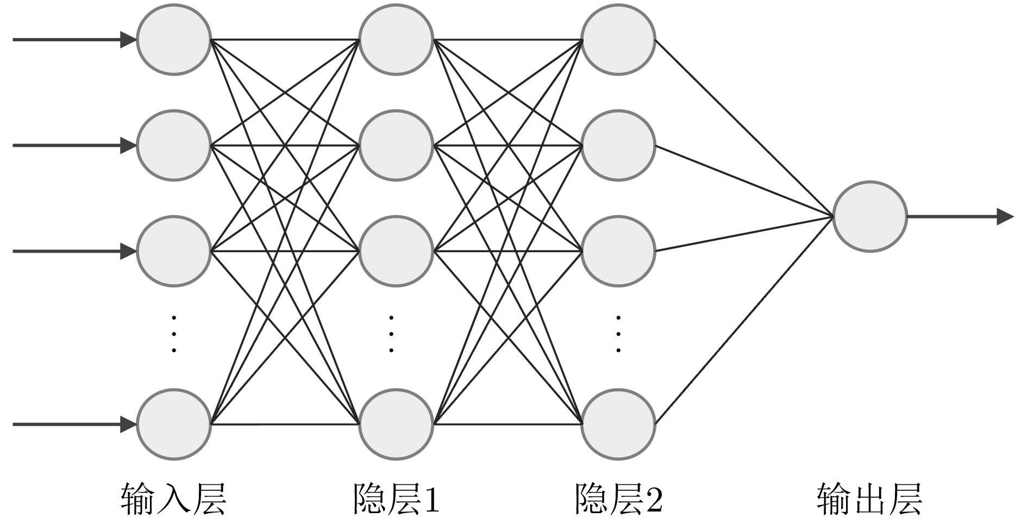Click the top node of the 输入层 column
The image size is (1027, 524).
(173, 40)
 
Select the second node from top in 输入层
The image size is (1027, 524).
(173, 145)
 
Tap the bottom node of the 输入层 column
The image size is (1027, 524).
(173, 424)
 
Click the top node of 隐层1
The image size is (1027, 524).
(396, 40)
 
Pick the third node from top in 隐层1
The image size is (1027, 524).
(396, 251)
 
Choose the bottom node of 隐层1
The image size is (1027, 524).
(396, 424)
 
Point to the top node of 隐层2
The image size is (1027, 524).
(618, 40)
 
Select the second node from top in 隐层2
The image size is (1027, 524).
(618, 145)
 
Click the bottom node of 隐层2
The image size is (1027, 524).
(618, 424)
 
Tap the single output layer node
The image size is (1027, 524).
(869, 216)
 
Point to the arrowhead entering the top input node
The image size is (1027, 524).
(128, 40)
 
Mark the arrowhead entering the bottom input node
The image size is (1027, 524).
(128, 424)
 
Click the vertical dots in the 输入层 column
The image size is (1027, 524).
(173, 333)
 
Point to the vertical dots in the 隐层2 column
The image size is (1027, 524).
(618, 333)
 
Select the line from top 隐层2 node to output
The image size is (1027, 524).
(744, 128)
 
